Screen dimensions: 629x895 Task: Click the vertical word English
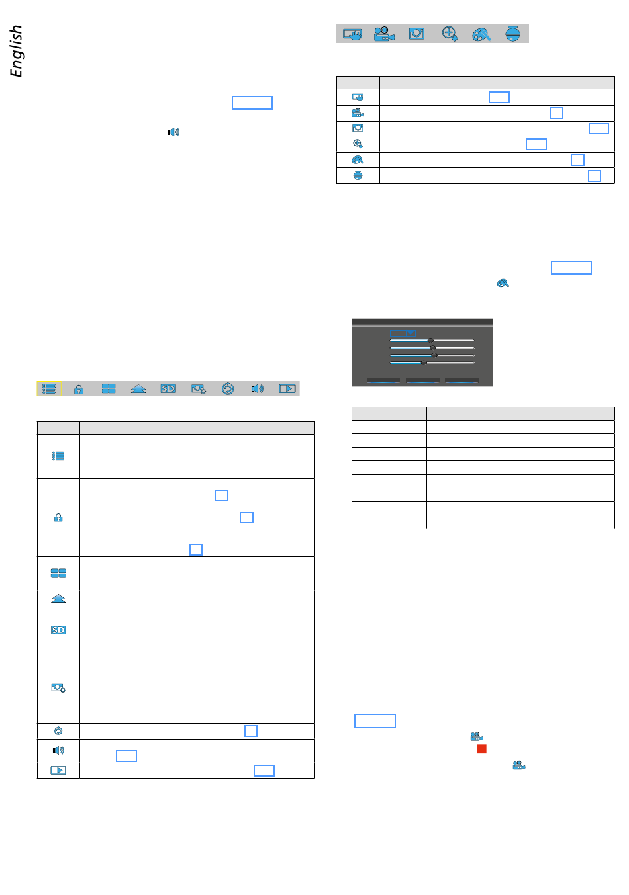pyautogui.click(x=17, y=51)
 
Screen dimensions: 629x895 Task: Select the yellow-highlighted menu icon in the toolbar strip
pyautogui.click(x=49, y=389)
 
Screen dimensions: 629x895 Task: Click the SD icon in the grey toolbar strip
pyautogui.click(x=168, y=389)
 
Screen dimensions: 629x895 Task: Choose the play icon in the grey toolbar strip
pyautogui.click(x=287, y=389)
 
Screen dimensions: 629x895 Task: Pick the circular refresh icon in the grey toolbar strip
pyautogui.click(x=228, y=389)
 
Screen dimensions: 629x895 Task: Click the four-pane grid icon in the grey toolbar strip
pyautogui.click(x=109, y=389)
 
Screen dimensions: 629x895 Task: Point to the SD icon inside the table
pyautogui.click(x=58, y=630)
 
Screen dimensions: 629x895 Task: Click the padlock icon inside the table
pyautogui.click(x=58, y=518)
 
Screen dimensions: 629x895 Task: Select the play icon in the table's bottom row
pyautogui.click(x=58, y=771)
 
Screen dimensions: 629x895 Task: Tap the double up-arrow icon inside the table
pyautogui.click(x=58, y=599)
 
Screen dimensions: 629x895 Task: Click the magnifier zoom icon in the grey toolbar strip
pyautogui.click(x=450, y=34)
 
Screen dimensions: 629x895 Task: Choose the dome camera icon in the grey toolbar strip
pyautogui.click(x=513, y=34)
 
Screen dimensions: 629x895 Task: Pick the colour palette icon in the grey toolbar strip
pyautogui.click(x=481, y=34)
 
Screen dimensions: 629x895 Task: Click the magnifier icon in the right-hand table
pyautogui.click(x=358, y=144)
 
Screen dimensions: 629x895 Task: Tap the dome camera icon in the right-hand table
pyautogui.click(x=358, y=175)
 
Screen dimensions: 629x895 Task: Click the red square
pyautogui.click(x=482, y=749)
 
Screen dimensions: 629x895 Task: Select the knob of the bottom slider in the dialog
pyautogui.click(x=424, y=362)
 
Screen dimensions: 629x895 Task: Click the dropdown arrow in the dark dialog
pyautogui.click(x=411, y=333)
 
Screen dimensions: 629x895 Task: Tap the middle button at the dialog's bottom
pyautogui.click(x=422, y=381)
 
